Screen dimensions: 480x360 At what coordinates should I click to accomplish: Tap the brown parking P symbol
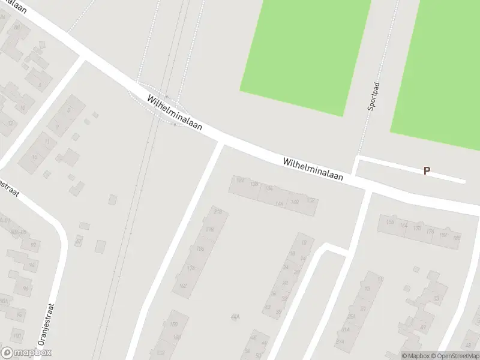coord(427,170)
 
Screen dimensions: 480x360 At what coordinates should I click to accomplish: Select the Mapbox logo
coord(26,353)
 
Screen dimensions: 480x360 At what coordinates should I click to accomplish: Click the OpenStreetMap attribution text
coord(457,356)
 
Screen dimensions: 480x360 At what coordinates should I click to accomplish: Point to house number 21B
coord(217,212)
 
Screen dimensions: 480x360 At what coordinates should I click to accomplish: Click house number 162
coord(184,286)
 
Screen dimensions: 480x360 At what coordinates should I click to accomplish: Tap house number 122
coord(240,180)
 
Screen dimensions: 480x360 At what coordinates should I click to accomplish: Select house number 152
coord(311,200)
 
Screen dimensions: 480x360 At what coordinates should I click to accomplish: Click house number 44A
coord(235,317)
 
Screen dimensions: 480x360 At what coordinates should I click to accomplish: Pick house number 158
coord(390,223)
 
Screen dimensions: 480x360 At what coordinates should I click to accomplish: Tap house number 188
coord(457,238)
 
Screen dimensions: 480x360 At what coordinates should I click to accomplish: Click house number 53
coord(436,299)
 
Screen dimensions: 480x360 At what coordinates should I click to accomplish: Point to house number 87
coord(78,242)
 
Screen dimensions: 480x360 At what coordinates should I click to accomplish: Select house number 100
coord(17,335)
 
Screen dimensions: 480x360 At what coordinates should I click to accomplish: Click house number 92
coord(34,245)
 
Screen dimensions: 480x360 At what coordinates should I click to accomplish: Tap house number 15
coord(35,157)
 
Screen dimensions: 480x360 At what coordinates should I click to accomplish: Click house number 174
coord(191,268)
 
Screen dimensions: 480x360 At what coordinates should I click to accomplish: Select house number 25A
coord(351,317)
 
